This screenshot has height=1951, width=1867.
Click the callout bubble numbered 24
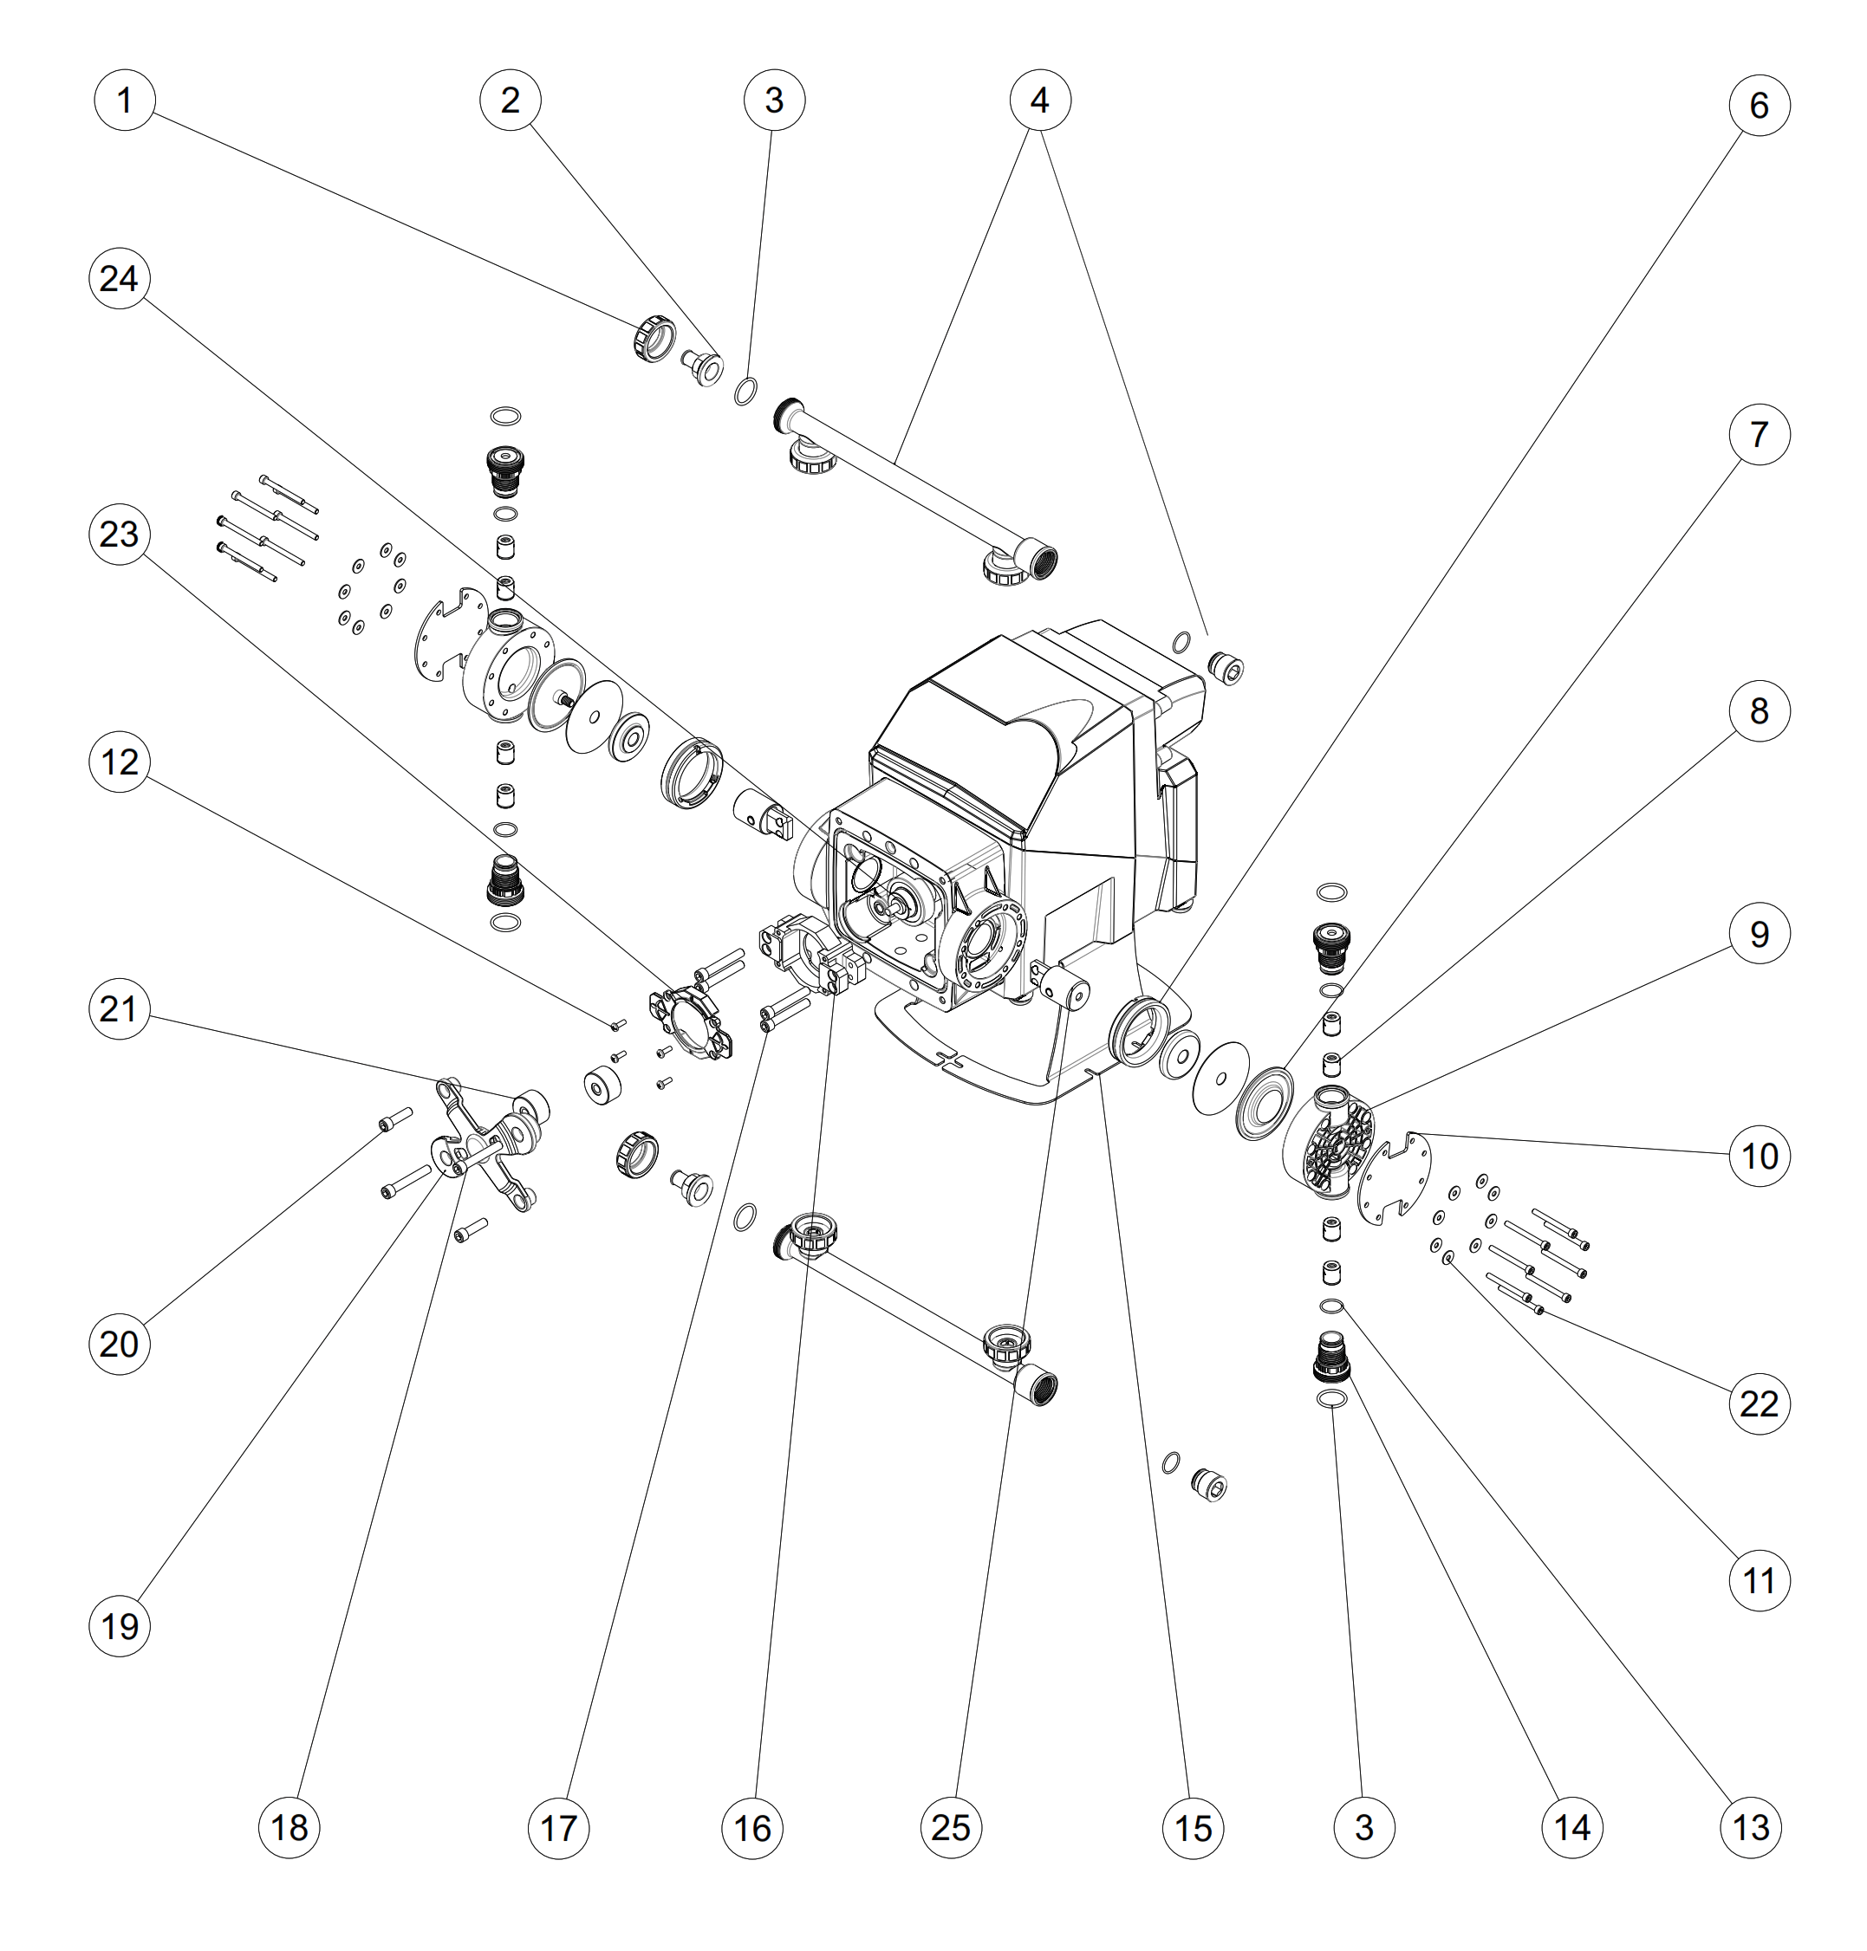coord(120,279)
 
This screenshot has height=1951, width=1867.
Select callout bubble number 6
coord(1759,106)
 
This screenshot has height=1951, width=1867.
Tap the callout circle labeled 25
coord(951,1826)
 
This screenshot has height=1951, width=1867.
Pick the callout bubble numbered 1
coord(125,100)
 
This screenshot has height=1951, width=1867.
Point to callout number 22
coord(1759,1403)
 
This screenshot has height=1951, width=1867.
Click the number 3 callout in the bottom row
coord(1364,1826)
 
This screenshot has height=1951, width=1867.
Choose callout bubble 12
coord(120,762)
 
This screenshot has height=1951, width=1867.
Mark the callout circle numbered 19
coord(120,1625)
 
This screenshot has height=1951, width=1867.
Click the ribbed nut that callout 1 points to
coord(653,337)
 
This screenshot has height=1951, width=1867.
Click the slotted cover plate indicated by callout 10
coord(1393,1179)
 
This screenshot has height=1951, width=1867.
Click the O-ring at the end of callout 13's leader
coord(1330,1306)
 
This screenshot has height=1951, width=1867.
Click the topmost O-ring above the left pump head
coord(505,416)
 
